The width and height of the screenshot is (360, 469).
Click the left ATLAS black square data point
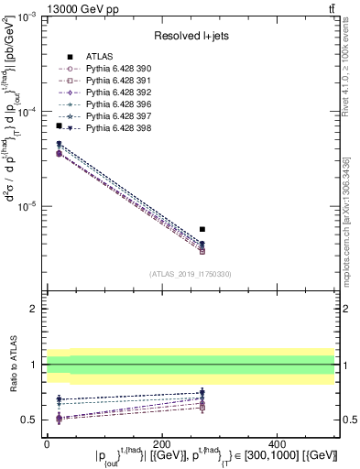point(59,126)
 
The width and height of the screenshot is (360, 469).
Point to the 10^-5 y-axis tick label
point(27,206)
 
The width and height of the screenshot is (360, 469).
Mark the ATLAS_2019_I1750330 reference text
point(191,274)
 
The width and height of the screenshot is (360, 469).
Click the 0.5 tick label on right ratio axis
point(348,420)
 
